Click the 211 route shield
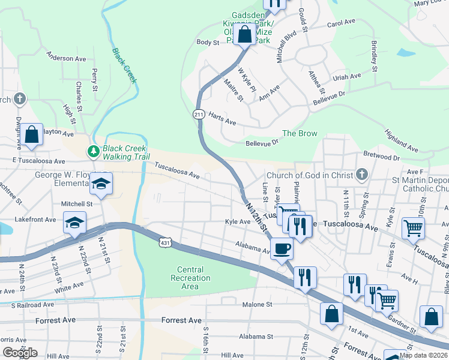[x=199, y=114]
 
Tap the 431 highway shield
[x=164, y=242]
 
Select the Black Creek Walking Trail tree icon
[x=93, y=151]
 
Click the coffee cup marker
[x=282, y=247]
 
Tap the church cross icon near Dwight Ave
[x=19, y=98]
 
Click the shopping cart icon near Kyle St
[x=413, y=227]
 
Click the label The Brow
[x=300, y=133]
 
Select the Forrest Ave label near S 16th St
[x=181, y=320]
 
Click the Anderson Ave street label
[x=67, y=58]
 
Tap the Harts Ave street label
[x=222, y=119]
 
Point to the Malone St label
[x=258, y=305]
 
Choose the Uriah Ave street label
[x=347, y=76]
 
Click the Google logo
[x=20, y=353]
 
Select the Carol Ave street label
[x=342, y=25]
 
